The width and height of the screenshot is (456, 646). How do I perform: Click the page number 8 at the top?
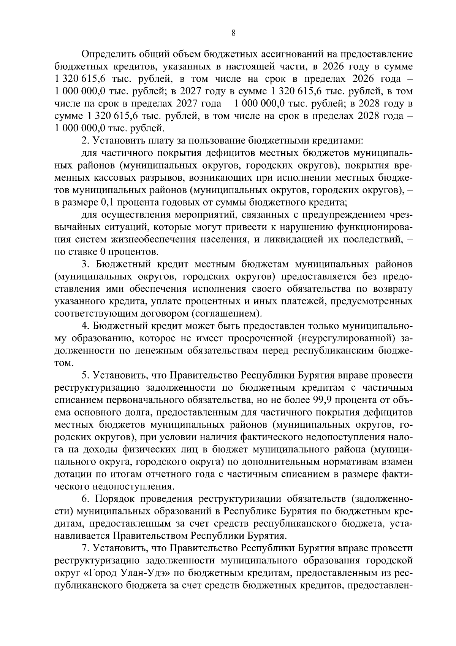pyautogui.click(x=233, y=33)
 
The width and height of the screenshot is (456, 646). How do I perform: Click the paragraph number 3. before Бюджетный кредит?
pyautogui.click(x=85, y=264)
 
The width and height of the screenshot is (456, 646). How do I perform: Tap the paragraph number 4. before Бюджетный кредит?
pyautogui.click(x=85, y=326)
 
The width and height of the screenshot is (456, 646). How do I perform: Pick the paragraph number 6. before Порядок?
pyautogui.click(x=85, y=499)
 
